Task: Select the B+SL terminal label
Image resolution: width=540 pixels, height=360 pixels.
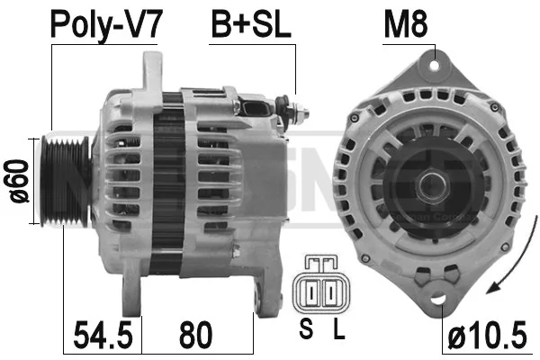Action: pyautogui.click(x=251, y=25)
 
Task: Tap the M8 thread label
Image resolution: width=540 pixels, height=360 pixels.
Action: pyautogui.click(x=407, y=25)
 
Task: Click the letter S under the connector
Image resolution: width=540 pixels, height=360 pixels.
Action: pyautogui.click(x=305, y=330)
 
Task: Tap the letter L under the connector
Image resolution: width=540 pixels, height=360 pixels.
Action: pyautogui.click(x=338, y=330)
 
